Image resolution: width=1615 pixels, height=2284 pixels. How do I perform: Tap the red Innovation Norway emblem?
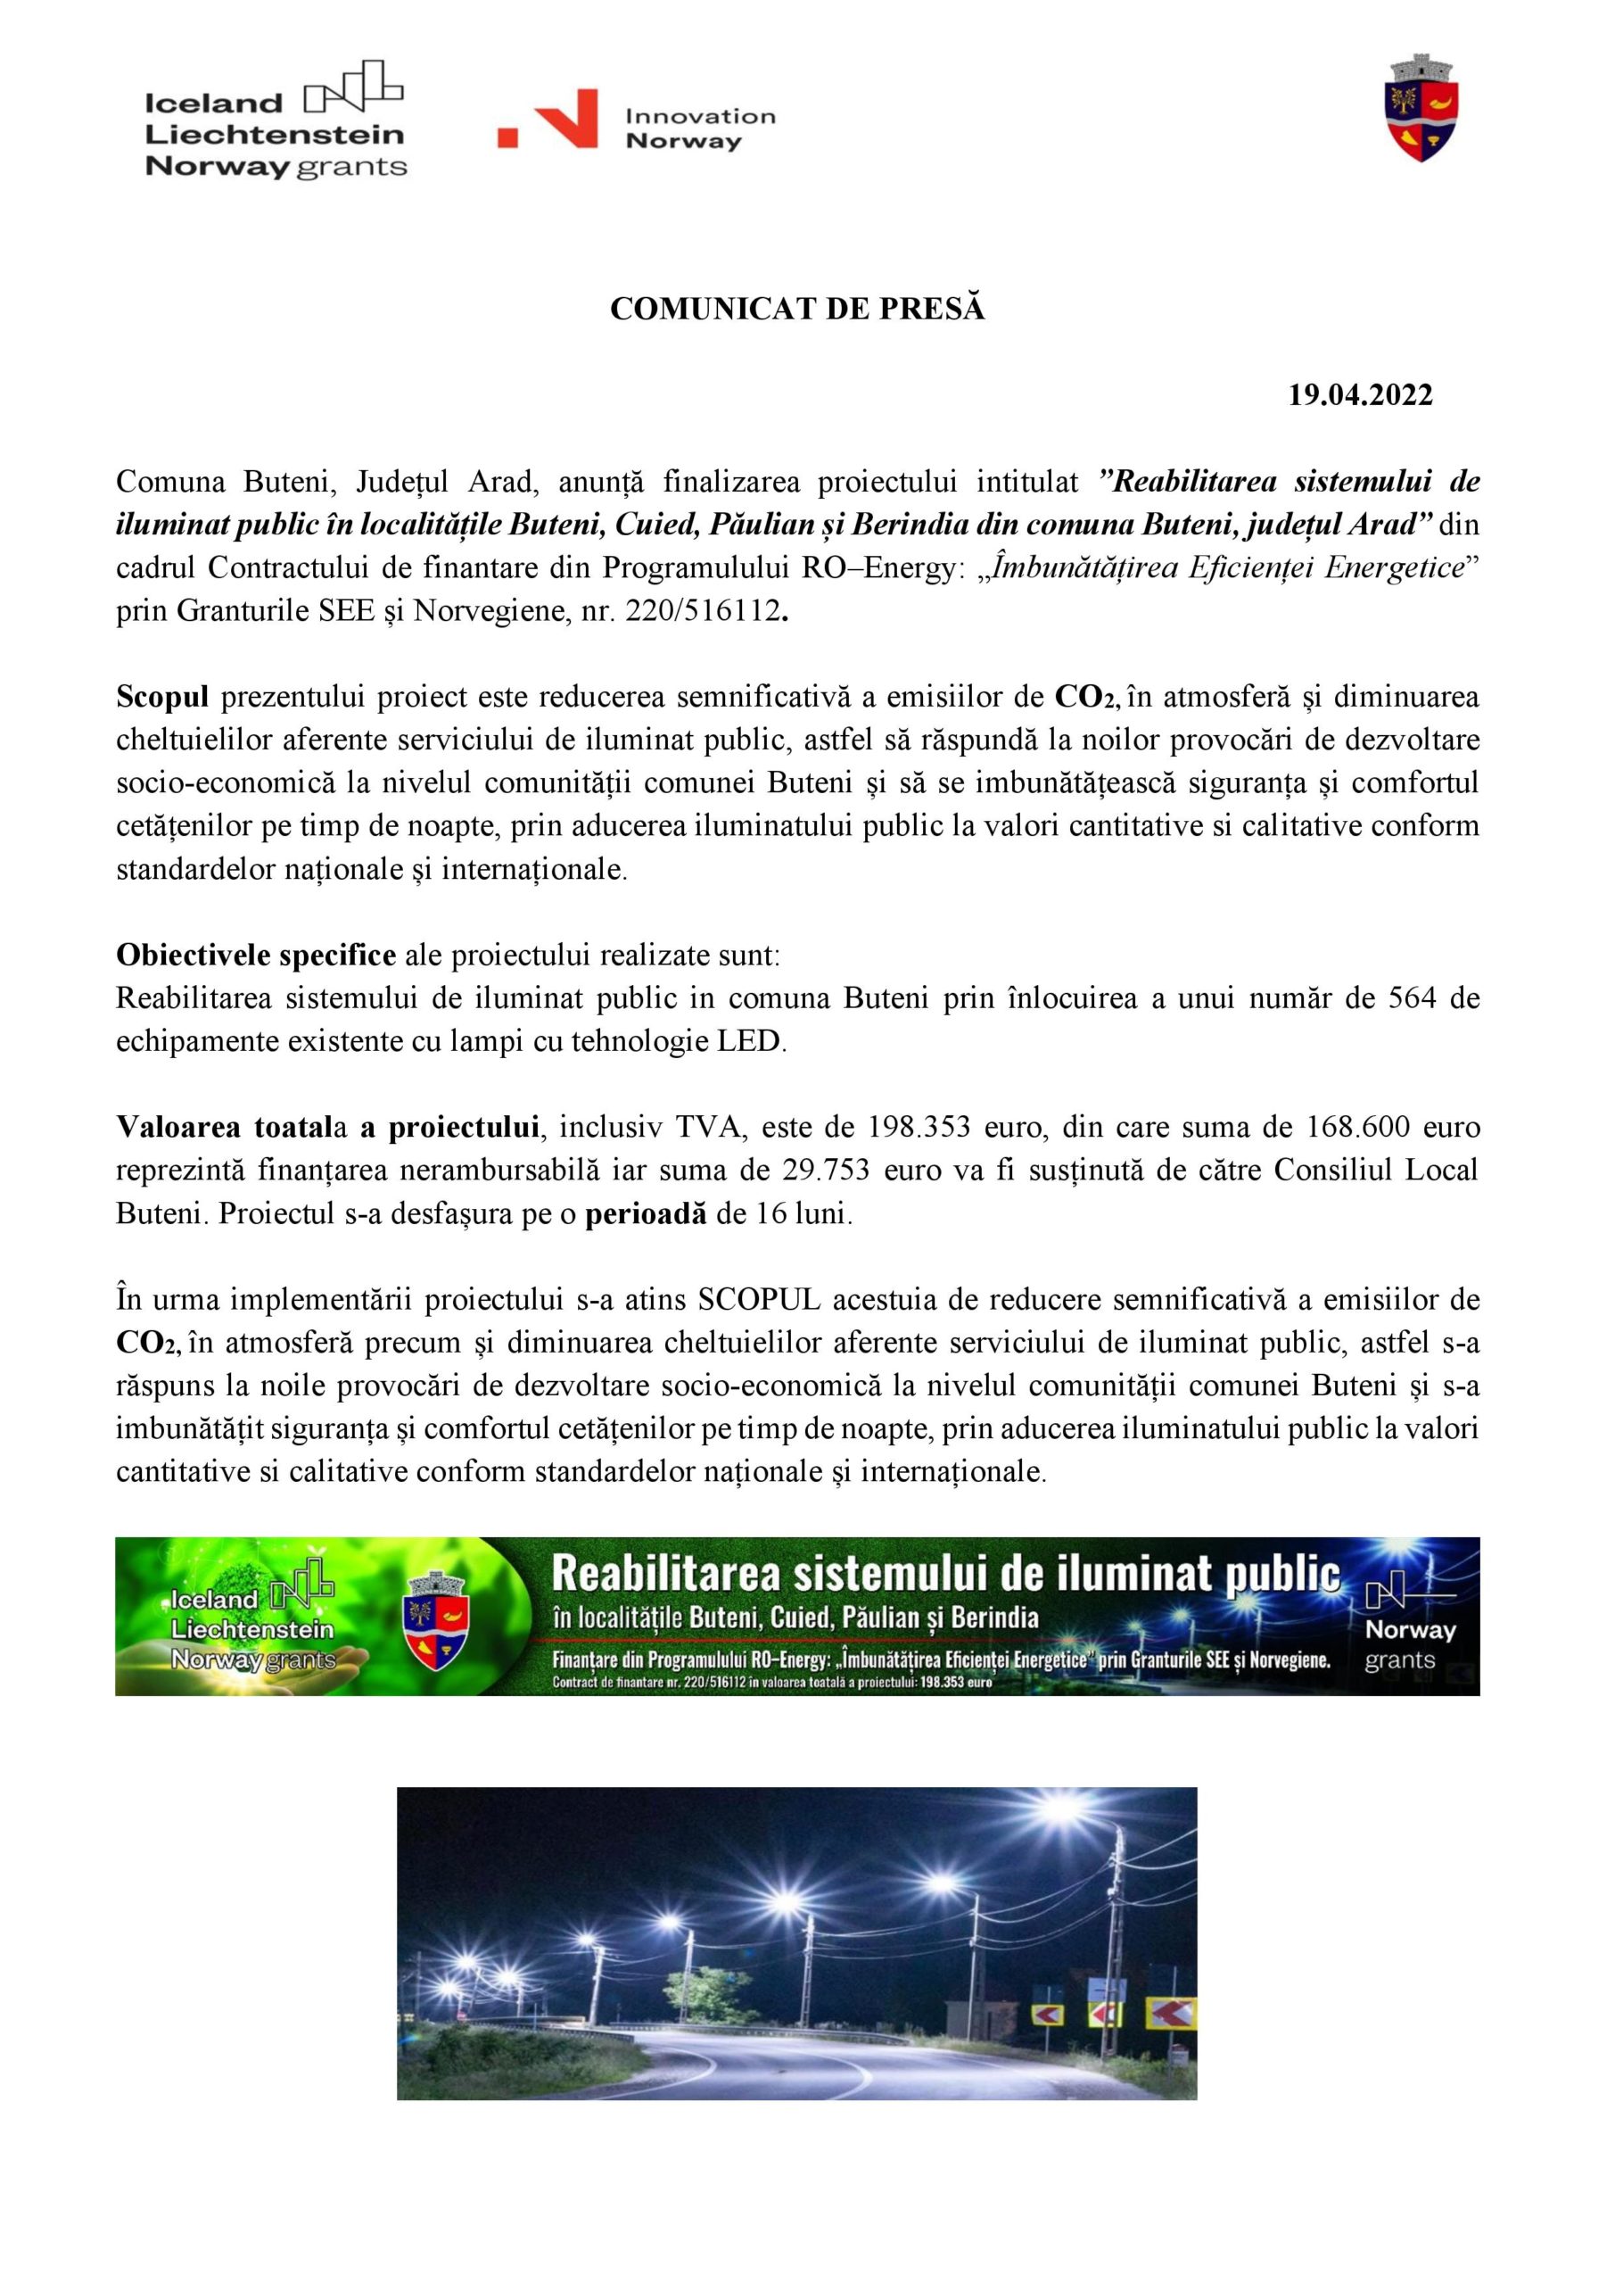548,120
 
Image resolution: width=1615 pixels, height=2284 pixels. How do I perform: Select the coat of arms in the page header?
1421,110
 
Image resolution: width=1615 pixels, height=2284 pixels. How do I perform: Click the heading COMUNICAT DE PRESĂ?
796,310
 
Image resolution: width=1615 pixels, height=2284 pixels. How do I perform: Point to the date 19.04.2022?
1361,396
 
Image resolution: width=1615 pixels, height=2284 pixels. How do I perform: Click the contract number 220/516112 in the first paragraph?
701,611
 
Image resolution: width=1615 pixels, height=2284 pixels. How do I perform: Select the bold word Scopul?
162,698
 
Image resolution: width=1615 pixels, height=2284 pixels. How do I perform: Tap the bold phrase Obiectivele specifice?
256,955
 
